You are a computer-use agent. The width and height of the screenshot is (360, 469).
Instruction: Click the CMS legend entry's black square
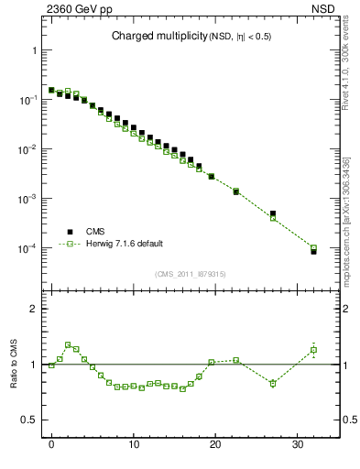[x=67, y=232]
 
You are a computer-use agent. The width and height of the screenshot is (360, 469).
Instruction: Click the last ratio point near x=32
[x=313, y=350]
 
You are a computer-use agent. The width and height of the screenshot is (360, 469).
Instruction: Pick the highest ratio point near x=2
[x=68, y=345]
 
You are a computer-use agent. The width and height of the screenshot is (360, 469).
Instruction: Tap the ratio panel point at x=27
[x=273, y=383]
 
